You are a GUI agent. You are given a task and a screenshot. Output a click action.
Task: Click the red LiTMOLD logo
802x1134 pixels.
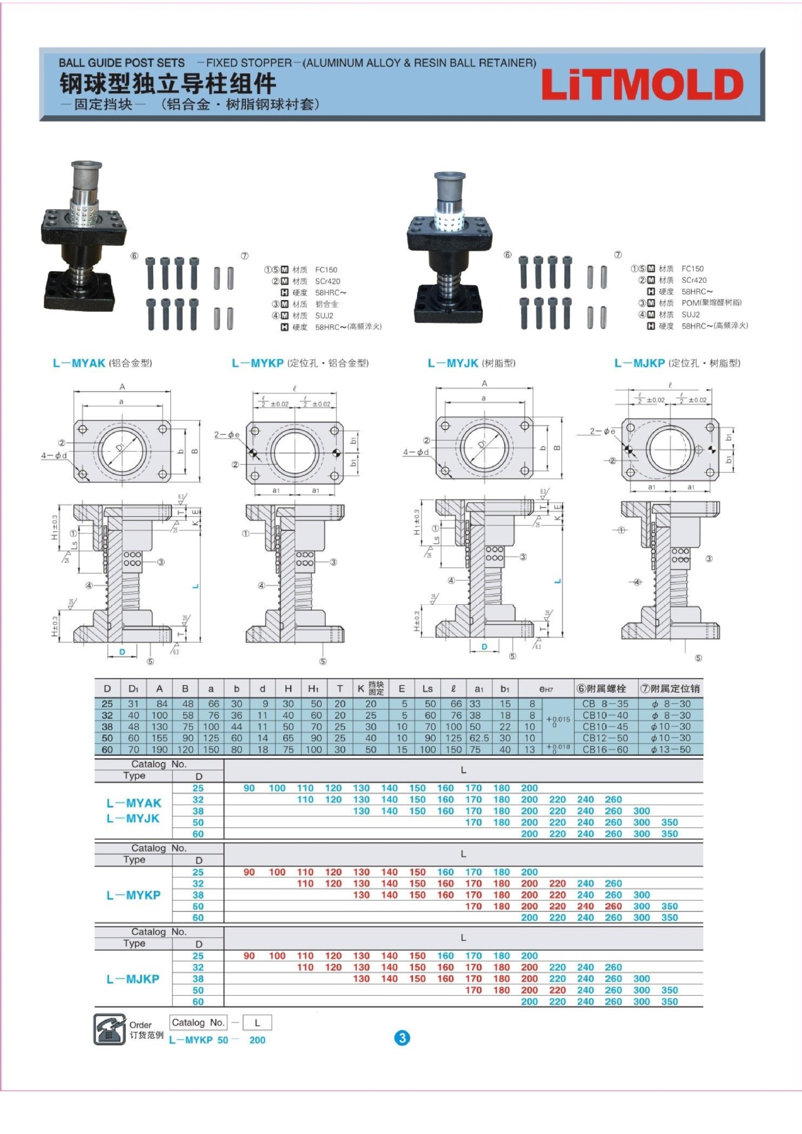tap(642, 85)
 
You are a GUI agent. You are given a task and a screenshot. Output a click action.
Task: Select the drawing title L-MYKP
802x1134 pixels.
tap(258, 363)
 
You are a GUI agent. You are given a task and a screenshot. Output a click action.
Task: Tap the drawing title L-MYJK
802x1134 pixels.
tap(453, 363)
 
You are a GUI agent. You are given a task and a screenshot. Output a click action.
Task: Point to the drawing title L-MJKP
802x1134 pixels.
tap(639, 363)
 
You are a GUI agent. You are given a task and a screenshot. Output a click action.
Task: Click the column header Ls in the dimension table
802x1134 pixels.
tap(427, 689)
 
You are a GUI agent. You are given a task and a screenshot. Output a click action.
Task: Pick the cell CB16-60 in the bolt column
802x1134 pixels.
tap(605, 750)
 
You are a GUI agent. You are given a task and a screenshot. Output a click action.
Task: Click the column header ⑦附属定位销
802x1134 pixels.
tap(670, 689)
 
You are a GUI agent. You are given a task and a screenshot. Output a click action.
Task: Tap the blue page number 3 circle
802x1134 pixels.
tap(402, 1038)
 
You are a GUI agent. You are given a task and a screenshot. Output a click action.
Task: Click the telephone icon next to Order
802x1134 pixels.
tap(109, 1029)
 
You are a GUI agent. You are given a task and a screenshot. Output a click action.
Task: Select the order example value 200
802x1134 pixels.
tap(257, 1040)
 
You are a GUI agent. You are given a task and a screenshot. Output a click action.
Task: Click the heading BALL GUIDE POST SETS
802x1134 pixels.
tap(122, 63)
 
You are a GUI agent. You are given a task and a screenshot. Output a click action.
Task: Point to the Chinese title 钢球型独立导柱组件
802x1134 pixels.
tap(168, 83)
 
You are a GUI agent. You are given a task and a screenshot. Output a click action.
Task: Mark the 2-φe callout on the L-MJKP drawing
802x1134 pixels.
tap(602, 431)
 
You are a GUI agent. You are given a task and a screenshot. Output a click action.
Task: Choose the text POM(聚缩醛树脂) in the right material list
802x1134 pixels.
tap(712, 303)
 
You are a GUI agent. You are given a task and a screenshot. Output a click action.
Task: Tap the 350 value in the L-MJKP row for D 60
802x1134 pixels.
tap(670, 1002)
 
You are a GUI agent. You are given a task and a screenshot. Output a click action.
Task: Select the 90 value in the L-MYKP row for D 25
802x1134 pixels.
tap(249, 872)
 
